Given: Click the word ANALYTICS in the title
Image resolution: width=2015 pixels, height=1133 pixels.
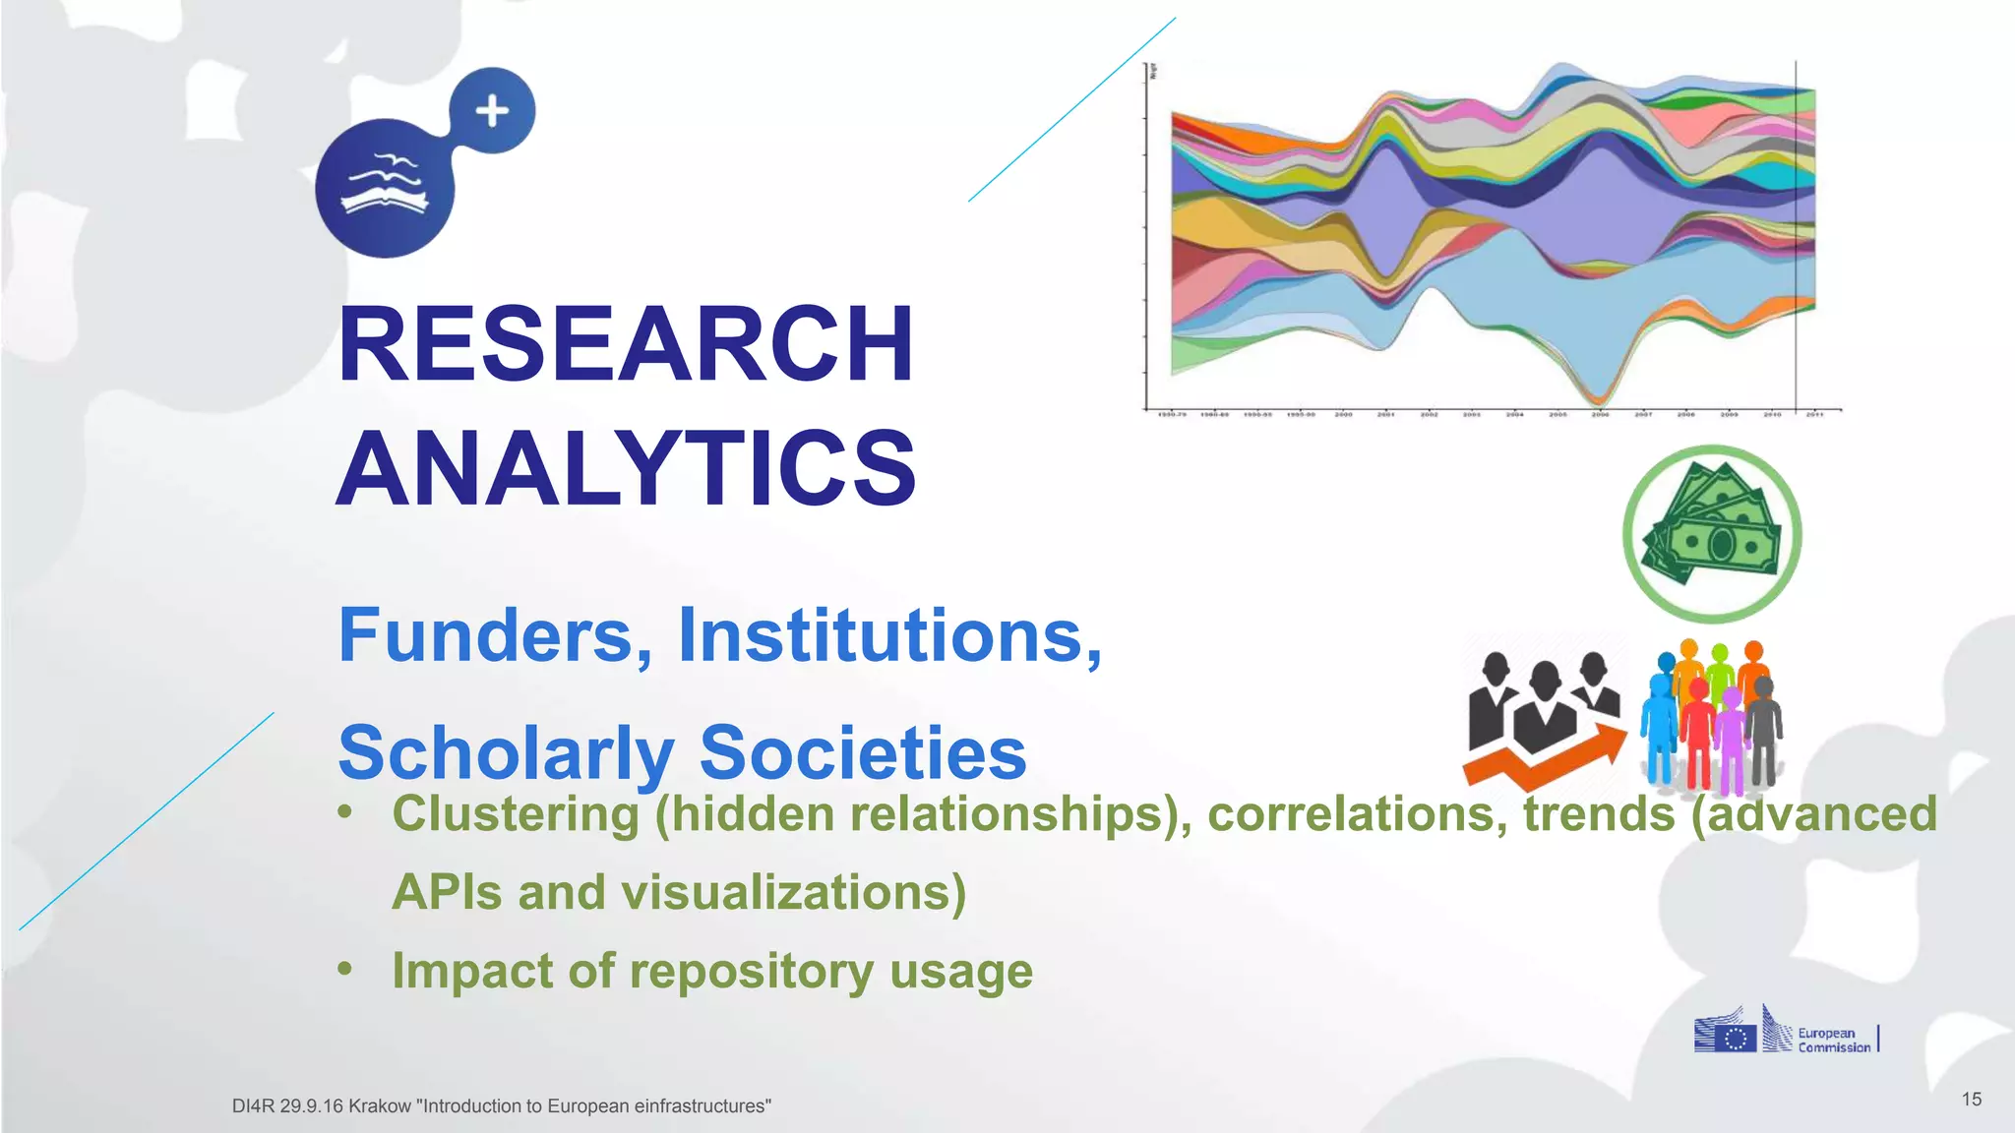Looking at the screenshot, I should point(626,469).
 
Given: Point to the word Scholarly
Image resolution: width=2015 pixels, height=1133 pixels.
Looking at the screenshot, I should point(506,753).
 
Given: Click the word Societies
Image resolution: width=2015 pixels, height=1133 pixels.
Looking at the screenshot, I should point(863,753).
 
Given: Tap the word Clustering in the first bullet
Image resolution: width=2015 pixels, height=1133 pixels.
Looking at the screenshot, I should point(516,814).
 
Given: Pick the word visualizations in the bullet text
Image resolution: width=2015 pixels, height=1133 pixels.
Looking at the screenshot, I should point(793,893).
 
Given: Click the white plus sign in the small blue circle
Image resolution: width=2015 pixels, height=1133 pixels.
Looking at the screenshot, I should point(492,111).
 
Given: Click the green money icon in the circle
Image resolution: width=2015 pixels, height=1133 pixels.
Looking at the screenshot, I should point(1712,534).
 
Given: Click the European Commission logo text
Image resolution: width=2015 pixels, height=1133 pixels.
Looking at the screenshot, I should point(1833,1041).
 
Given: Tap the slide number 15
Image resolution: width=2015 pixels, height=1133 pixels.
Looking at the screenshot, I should point(1971,1100).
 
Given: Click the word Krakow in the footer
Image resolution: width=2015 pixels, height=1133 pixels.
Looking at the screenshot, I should point(380,1106).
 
